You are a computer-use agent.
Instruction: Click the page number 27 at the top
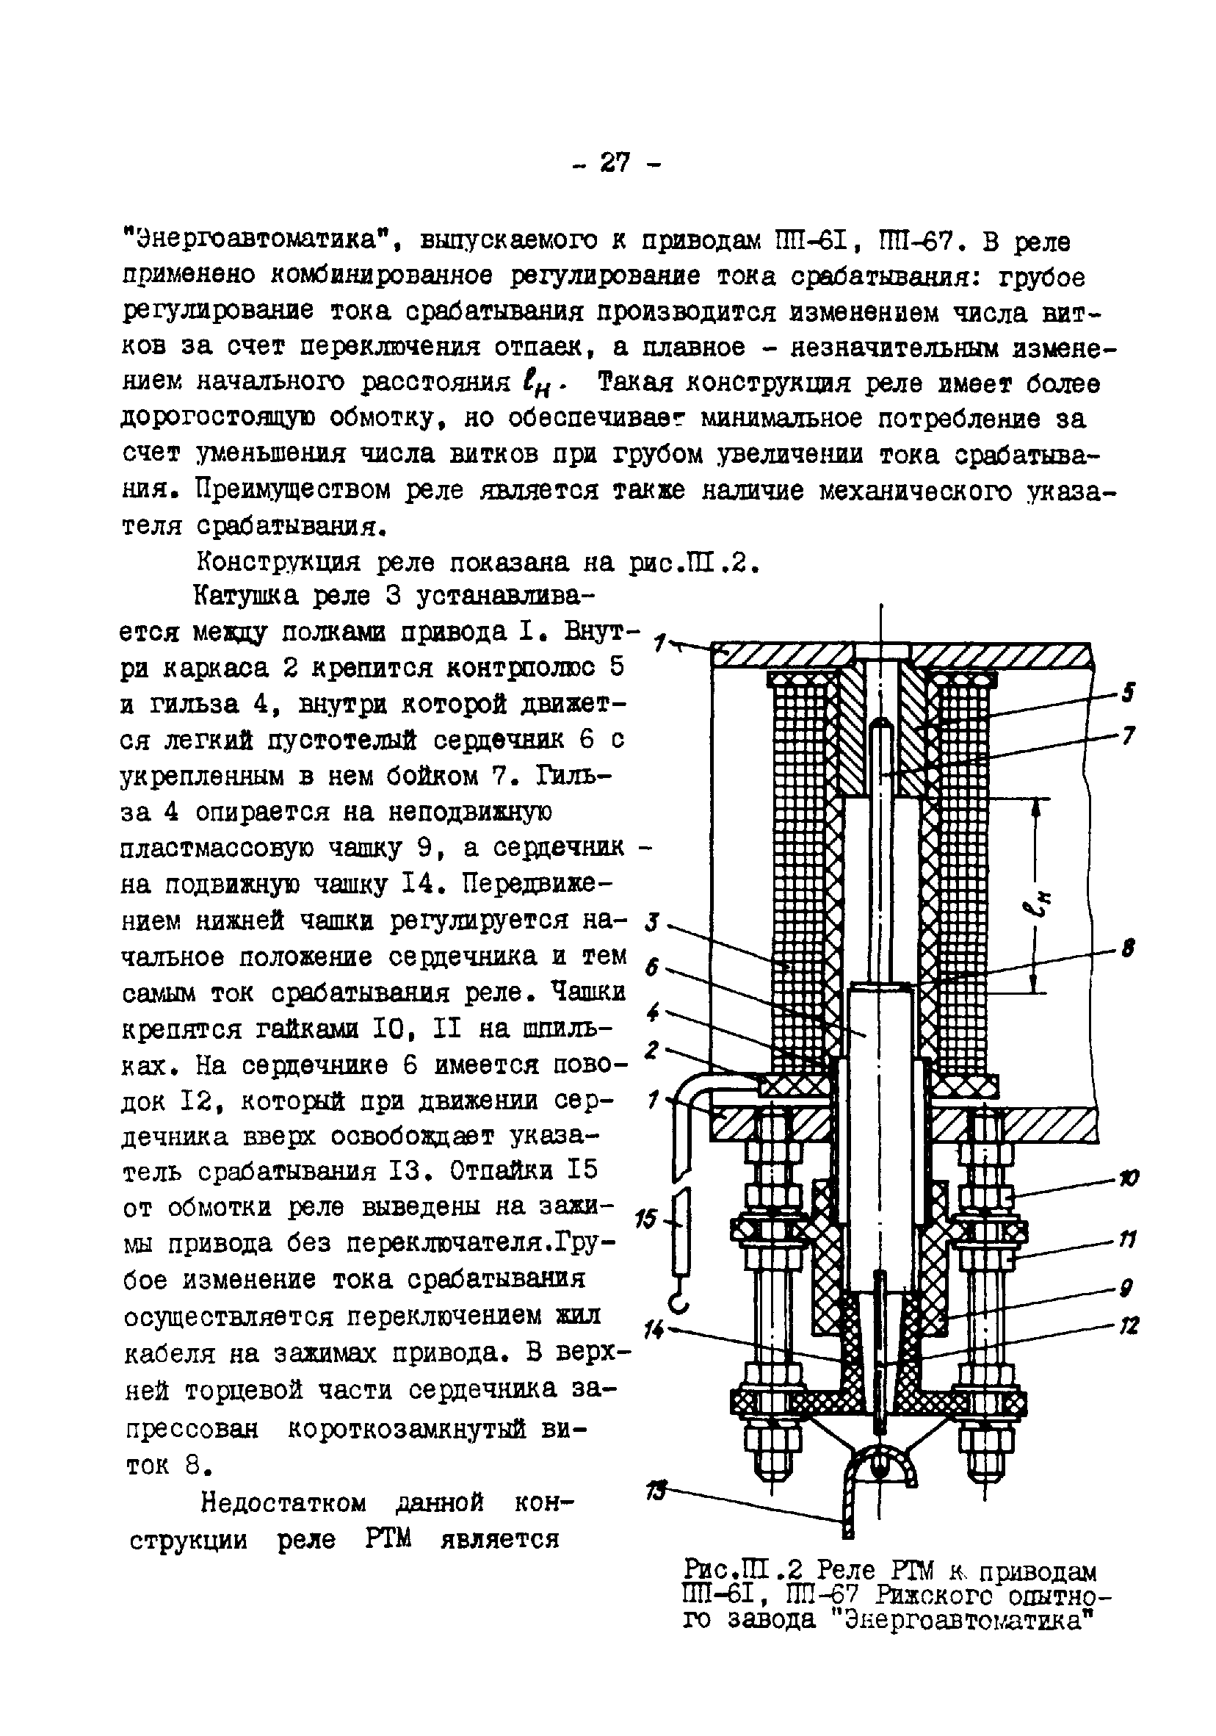615,162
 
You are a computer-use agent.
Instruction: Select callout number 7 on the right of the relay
1128,735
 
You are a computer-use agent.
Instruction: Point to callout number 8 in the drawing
1128,949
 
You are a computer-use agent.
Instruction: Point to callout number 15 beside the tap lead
648,1220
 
